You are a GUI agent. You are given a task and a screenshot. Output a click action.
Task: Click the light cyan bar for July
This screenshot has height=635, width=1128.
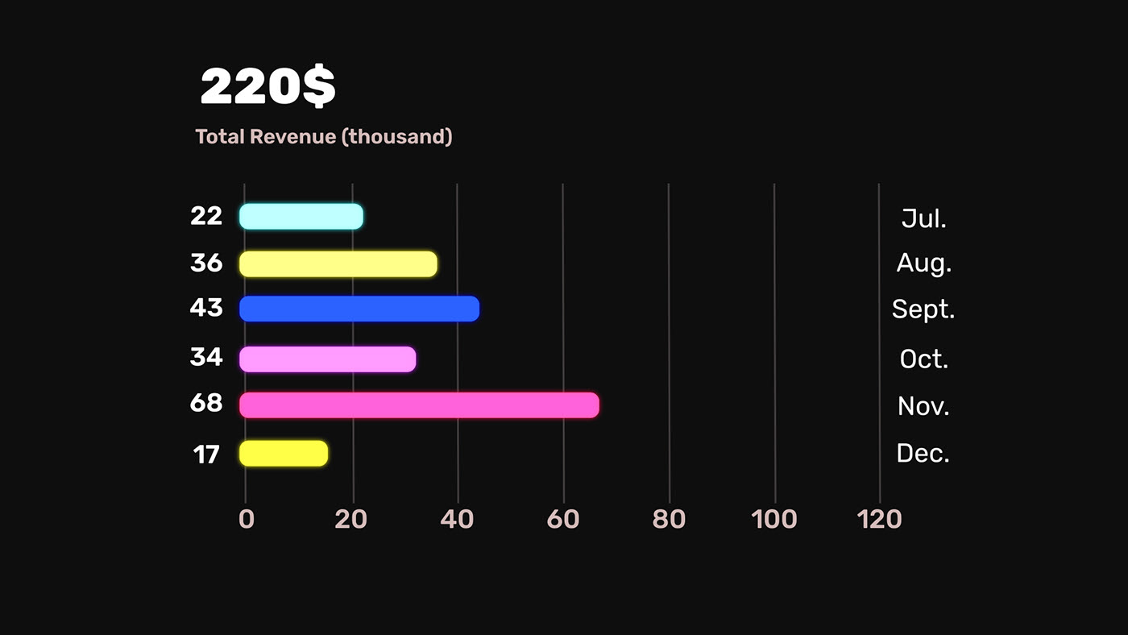tap(301, 216)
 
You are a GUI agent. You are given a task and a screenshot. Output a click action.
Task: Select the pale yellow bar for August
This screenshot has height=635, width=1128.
tap(338, 264)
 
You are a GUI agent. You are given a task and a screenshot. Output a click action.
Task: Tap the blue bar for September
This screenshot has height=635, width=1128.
tap(359, 309)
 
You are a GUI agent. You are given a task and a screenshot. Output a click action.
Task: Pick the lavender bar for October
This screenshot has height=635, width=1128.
tap(328, 359)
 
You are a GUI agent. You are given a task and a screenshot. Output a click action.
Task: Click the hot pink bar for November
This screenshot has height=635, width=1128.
tap(419, 405)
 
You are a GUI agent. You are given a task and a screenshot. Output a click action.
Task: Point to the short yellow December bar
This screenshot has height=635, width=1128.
tap(284, 453)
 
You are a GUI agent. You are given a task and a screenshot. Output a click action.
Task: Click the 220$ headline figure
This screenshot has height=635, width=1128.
tap(267, 87)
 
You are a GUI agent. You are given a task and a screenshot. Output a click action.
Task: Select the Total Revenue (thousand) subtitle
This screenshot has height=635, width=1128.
tap(324, 137)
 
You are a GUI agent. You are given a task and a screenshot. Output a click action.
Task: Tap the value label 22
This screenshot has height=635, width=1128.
tap(206, 216)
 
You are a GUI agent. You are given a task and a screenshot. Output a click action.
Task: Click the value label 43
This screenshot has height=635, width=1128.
tap(206, 307)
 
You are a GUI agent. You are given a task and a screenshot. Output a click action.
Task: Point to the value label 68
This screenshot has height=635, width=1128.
tap(206, 403)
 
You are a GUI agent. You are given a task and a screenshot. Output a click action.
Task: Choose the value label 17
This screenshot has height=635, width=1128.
tap(206, 455)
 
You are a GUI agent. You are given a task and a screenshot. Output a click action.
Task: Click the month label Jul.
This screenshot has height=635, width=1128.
tap(923, 218)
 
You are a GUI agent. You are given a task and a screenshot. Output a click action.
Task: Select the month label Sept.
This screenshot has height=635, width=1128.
tap(923, 309)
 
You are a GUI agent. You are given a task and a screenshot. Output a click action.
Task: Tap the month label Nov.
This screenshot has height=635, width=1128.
tap(923, 405)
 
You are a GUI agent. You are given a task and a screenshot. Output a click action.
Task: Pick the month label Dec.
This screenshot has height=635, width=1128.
tap(923, 453)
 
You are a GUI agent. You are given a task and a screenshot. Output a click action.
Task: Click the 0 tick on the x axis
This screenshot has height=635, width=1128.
tap(247, 519)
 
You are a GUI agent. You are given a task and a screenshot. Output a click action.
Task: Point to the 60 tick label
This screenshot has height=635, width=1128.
tap(563, 519)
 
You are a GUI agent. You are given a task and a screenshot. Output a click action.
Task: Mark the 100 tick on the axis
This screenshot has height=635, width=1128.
tap(774, 519)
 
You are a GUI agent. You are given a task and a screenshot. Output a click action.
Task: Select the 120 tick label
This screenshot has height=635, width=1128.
tap(880, 519)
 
